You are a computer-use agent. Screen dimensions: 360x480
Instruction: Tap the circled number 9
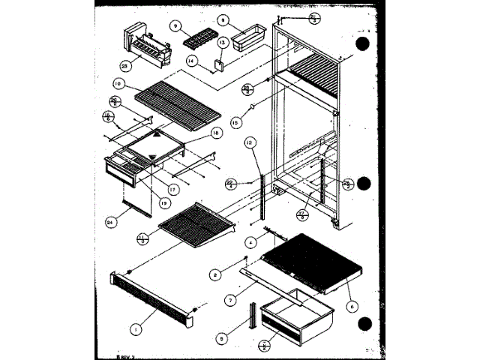pos(175,25)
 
